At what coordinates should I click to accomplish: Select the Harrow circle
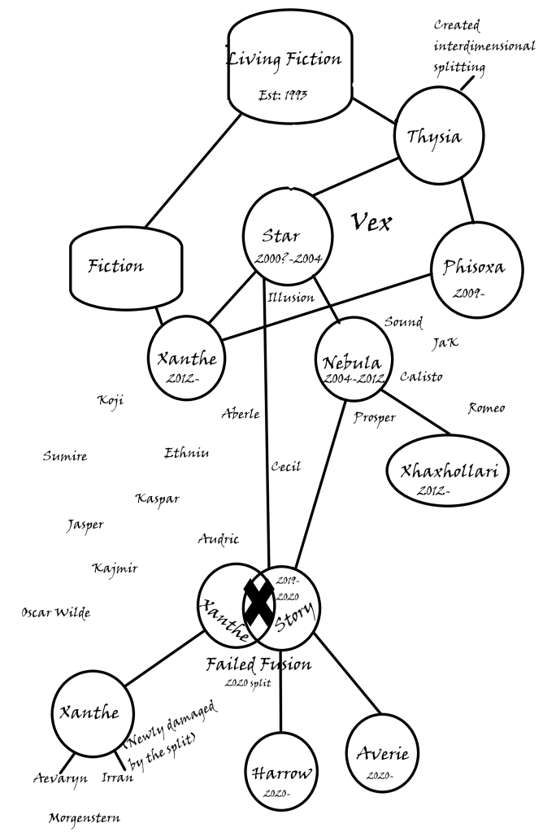coord(280,773)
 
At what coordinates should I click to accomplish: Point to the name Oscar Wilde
coord(55,612)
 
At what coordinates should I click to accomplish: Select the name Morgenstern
coord(85,817)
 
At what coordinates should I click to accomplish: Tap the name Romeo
coord(486,407)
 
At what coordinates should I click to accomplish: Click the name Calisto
coord(422,377)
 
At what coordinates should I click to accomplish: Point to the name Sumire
coord(64,456)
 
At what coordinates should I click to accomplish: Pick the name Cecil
coord(285,467)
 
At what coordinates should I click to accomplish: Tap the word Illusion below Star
coord(290,297)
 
